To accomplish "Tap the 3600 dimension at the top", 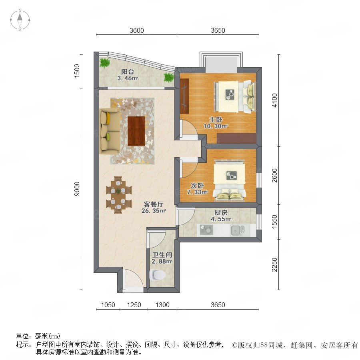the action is tap(137, 30).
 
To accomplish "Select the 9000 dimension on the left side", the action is tap(77, 189).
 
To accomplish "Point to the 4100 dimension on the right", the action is tap(274, 100).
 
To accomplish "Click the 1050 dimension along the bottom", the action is tap(108, 305).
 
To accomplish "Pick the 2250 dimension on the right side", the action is tap(274, 264).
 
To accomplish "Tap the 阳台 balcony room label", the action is tap(128, 72).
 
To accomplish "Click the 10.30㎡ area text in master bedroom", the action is tap(215, 126).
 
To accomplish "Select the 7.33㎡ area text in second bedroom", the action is tap(197, 192).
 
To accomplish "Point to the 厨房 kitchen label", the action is tap(221, 213).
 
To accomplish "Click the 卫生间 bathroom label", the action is tap(162, 255).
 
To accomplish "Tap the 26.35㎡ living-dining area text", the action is tap(153, 211).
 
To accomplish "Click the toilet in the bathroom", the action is tap(158, 274).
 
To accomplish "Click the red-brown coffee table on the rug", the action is tap(136, 131).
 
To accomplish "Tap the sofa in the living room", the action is tap(110, 131).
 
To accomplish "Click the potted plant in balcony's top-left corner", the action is tap(105, 62).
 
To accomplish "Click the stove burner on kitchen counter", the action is tap(206, 230).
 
